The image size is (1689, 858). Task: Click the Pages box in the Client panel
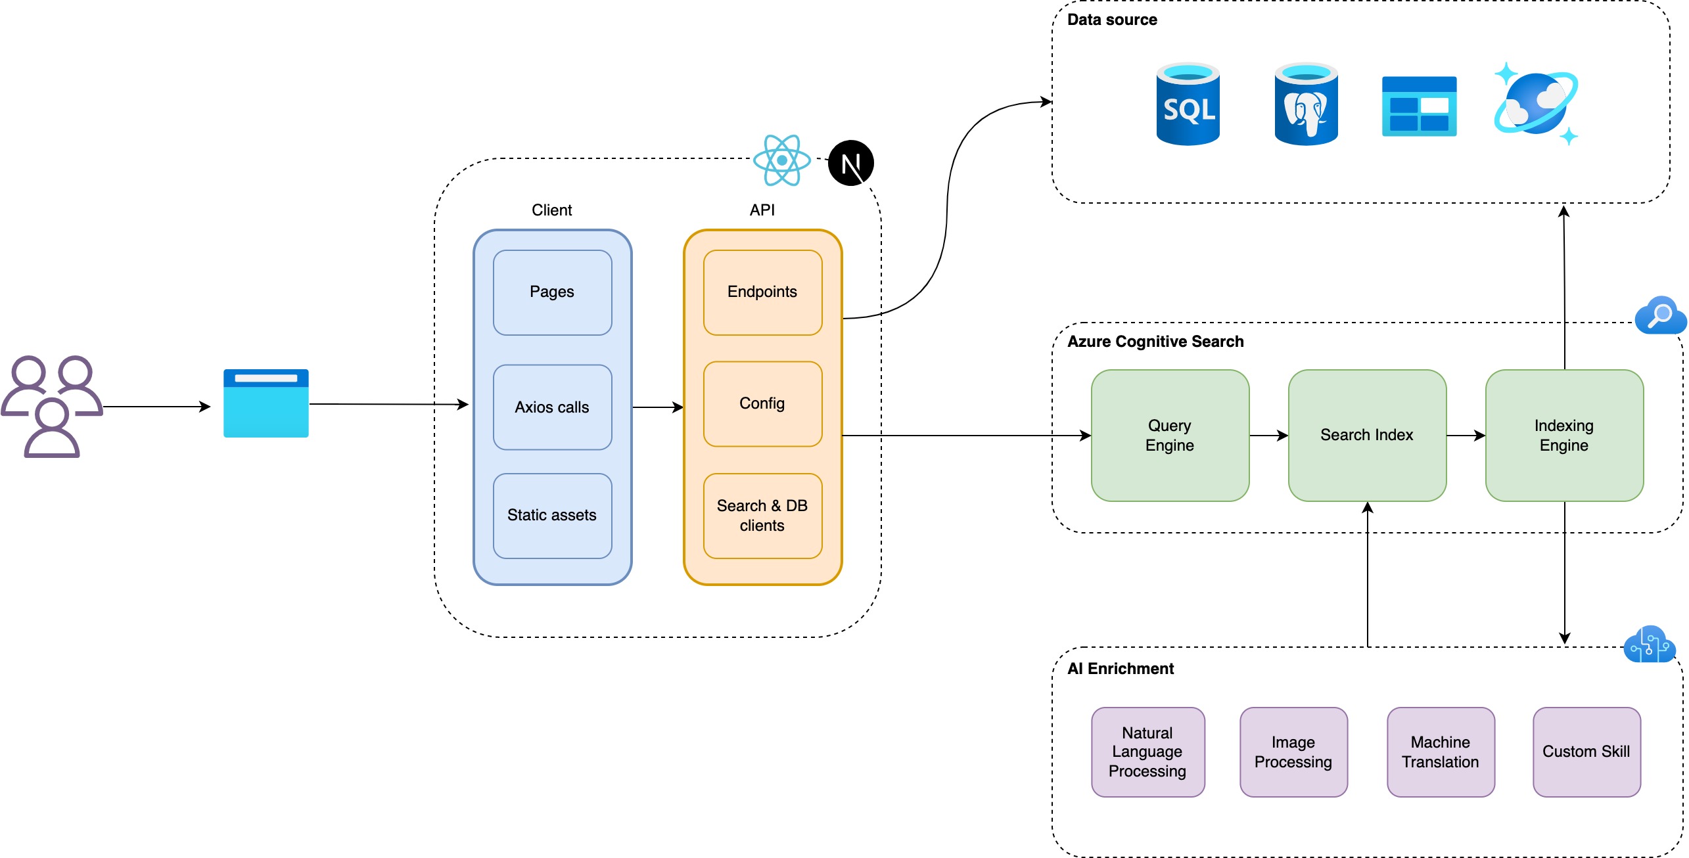point(552,292)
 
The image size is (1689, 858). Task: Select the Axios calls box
point(552,407)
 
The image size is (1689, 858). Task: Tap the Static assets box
point(552,516)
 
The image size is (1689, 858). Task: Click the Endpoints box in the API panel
point(762,292)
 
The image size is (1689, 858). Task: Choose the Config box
point(762,403)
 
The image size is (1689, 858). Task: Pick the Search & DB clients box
point(762,516)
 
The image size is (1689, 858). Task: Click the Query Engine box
point(1170,435)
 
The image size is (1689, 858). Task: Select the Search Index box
point(1367,435)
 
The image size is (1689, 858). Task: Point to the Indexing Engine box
point(1564,435)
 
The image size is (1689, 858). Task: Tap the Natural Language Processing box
point(1147,752)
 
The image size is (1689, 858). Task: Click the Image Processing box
point(1293,752)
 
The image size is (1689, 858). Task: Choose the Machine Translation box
point(1441,752)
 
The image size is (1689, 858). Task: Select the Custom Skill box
point(1586,752)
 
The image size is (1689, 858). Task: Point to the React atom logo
point(781,160)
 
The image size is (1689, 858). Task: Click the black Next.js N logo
point(850,163)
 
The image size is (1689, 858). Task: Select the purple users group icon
point(51,406)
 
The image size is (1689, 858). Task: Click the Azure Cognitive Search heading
point(1155,342)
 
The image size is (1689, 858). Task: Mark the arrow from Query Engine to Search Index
point(1268,435)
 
